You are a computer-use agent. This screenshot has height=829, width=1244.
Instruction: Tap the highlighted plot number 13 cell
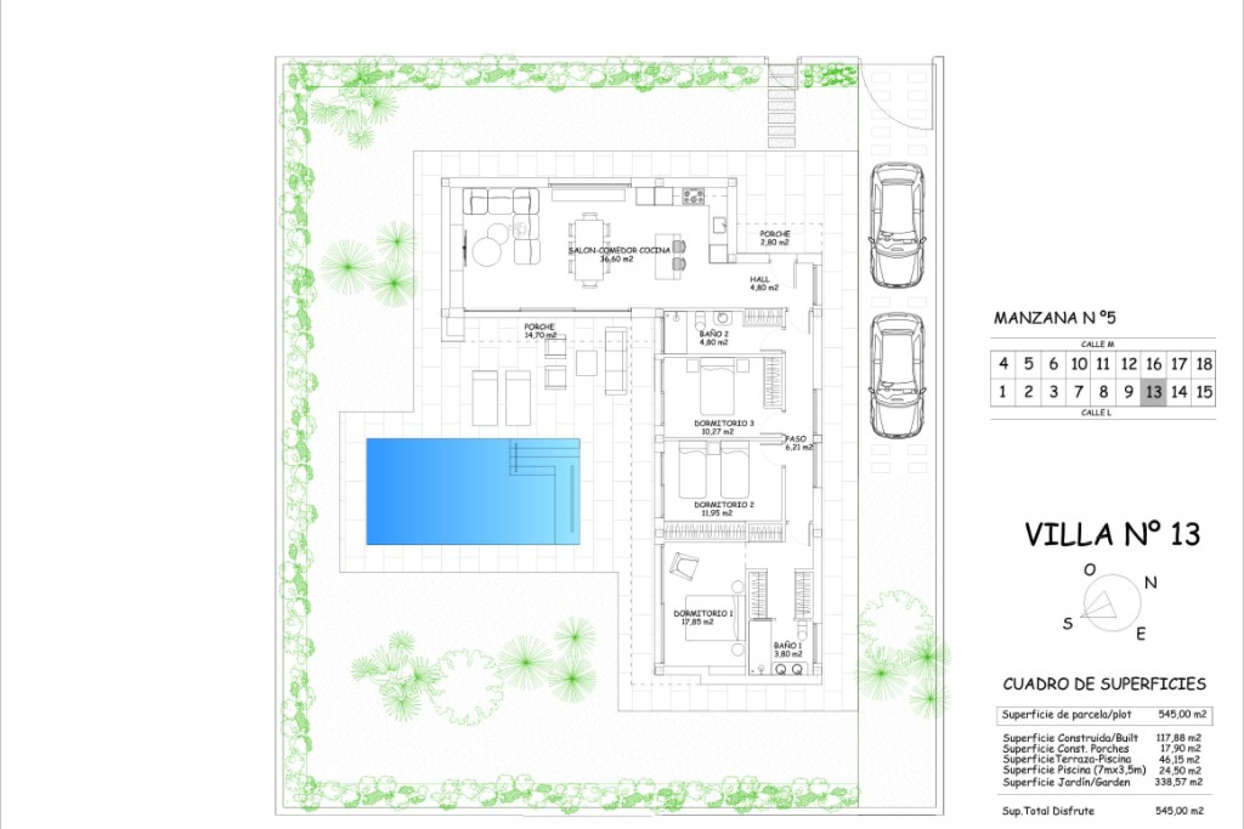pos(1153,392)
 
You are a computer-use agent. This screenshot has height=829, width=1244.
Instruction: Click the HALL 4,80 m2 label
pos(763,284)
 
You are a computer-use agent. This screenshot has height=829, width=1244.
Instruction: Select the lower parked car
pos(897,376)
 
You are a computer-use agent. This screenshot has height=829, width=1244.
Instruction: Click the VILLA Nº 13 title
pos(1112,535)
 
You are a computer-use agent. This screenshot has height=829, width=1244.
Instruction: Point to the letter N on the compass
pos(1150,583)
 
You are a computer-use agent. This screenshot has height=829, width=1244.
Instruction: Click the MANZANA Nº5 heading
pos(1055,318)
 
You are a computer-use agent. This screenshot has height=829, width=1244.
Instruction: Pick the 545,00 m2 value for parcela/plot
pos(1182,714)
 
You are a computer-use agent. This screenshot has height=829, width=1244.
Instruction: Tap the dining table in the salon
pos(590,250)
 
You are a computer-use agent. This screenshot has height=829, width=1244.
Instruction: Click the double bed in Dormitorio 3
pos(717,389)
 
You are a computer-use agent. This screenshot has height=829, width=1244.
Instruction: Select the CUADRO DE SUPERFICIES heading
pos(1104,684)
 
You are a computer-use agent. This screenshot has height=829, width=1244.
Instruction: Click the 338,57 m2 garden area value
pos(1178,782)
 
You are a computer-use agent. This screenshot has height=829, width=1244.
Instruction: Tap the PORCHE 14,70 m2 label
pos(540,331)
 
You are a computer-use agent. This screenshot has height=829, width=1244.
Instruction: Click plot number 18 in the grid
pos(1203,364)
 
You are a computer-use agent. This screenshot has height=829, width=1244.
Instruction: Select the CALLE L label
pos(1096,413)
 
